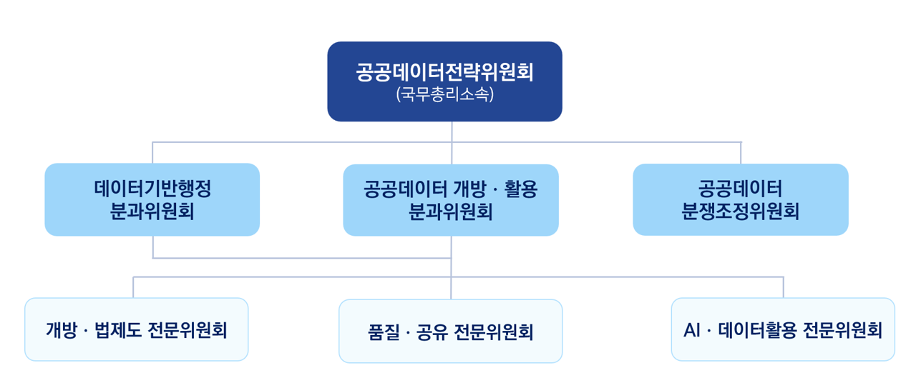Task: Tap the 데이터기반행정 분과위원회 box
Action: (x=152, y=199)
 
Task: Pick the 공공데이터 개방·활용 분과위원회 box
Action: (x=450, y=200)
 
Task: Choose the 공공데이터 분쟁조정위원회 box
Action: (x=740, y=199)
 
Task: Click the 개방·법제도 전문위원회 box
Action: (x=136, y=329)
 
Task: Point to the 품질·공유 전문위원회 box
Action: (x=450, y=331)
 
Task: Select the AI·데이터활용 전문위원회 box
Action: (x=782, y=329)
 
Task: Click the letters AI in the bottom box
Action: (x=691, y=330)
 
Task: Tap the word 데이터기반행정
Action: (x=152, y=189)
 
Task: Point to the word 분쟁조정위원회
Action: (x=741, y=212)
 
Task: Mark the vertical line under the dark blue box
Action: (x=452, y=132)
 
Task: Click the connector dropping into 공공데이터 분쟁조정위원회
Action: (x=741, y=153)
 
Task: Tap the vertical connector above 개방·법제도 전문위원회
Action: (x=133, y=287)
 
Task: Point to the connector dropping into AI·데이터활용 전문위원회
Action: (x=783, y=287)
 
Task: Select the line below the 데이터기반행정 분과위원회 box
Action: (x=152, y=247)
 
